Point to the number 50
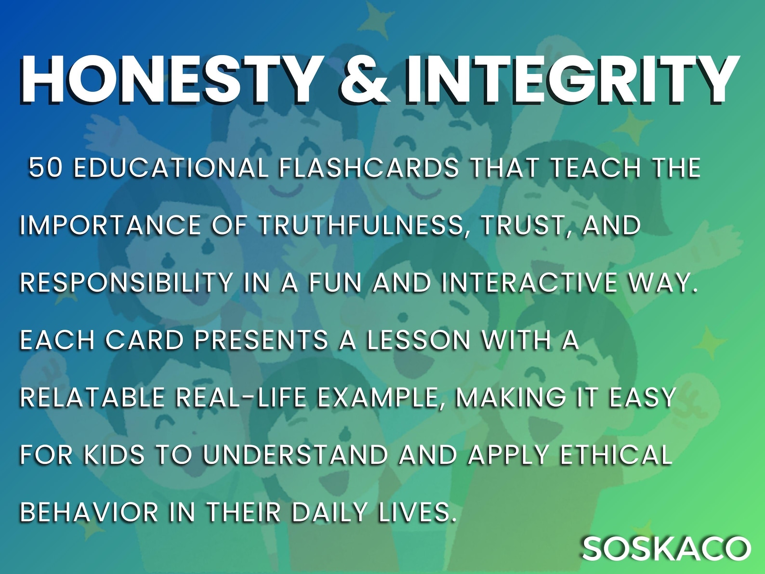tap(46, 168)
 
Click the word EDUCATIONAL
tap(171, 168)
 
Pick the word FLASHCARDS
tap(369, 168)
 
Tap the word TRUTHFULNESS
tap(361, 225)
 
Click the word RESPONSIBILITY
tap(127, 282)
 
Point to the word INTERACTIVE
tap(529, 282)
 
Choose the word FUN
tap(335, 282)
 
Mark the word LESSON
tap(418, 340)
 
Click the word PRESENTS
tap(261, 340)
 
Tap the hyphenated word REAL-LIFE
tap(241, 397)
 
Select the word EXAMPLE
tap(381, 397)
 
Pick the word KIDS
tap(114, 454)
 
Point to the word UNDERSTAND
tap(295, 454)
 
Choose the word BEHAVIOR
tap(89, 512)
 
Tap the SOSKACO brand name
tap(666, 548)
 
